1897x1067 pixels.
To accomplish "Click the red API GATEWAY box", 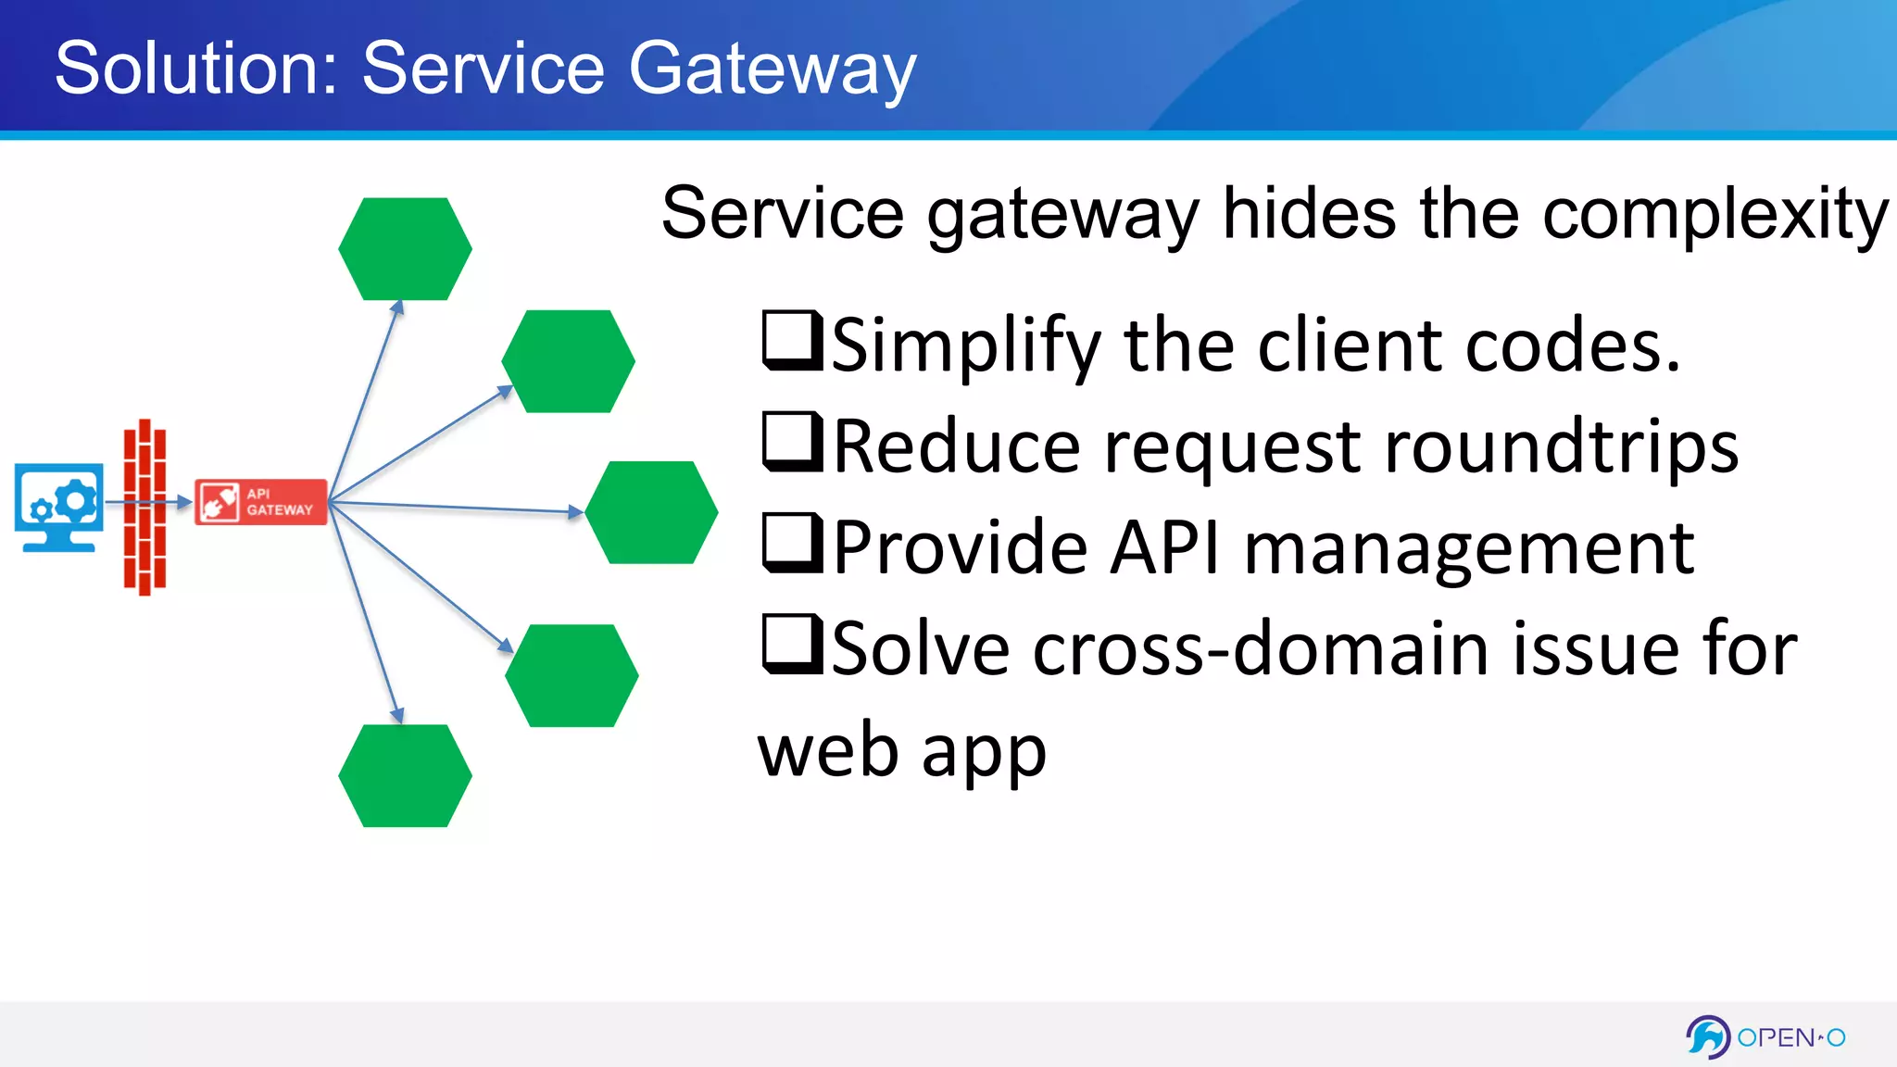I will point(260,502).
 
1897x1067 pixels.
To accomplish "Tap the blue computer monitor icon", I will point(59,506).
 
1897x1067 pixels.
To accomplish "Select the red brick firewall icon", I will point(144,508).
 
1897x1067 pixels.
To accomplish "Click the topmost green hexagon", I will point(405,248).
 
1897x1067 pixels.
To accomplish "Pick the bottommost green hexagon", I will point(405,775).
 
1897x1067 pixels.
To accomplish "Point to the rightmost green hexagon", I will point(651,512).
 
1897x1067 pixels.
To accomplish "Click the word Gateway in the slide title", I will point(773,69).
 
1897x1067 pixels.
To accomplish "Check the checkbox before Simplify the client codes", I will point(790,341).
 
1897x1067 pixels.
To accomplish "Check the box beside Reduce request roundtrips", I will point(790,442).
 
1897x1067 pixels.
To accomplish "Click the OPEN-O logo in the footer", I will point(1765,1036).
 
